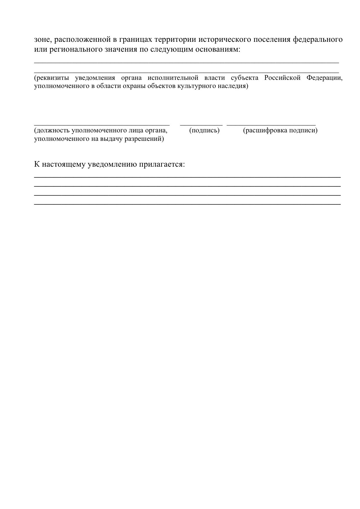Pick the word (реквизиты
point(51,78)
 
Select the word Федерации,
point(325,78)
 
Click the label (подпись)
point(204,130)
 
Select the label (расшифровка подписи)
point(280,130)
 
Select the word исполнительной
point(173,78)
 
